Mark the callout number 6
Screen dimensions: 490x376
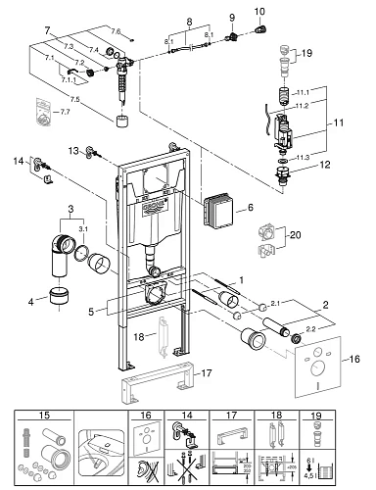pos(250,209)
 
